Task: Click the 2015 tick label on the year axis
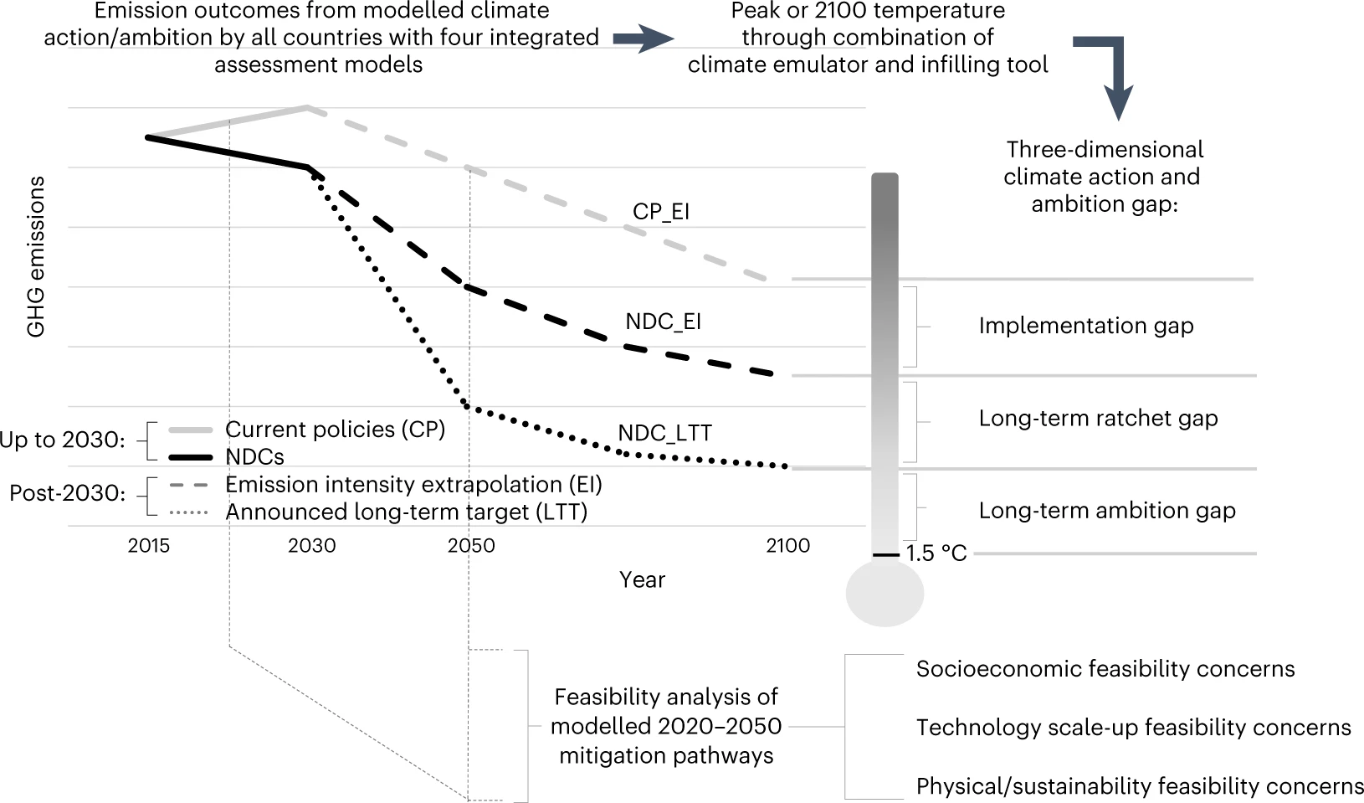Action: coord(149,546)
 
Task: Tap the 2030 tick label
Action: coord(311,546)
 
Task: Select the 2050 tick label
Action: coord(471,546)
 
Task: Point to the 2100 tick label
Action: coord(787,546)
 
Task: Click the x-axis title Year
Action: coord(642,579)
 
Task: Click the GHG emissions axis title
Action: coord(36,257)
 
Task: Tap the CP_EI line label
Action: coord(660,211)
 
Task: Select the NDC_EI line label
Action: coord(663,322)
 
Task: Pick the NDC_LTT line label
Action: coord(664,433)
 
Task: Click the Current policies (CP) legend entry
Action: coord(335,430)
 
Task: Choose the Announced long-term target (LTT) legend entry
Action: coord(406,512)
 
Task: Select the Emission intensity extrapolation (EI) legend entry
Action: coord(413,485)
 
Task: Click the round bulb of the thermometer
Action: coord(885,594)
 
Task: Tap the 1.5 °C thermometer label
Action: coord(936,553)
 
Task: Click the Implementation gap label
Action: coord(1085,326)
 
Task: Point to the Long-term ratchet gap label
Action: coord(1098,418)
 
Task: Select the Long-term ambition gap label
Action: coord(1106,510)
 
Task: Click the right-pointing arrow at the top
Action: coord(643,39)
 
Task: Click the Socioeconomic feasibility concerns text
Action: coord(1105,668)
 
